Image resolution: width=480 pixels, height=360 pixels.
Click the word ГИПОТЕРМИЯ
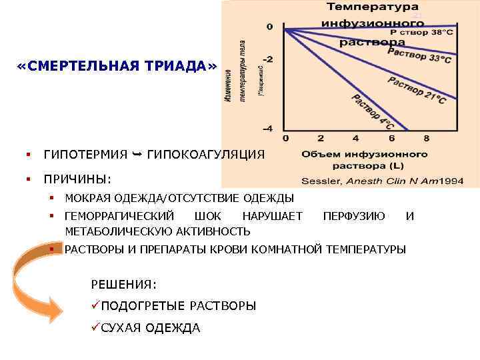[x=85, y=155]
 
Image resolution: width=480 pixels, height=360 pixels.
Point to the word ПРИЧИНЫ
[x=77, y=179]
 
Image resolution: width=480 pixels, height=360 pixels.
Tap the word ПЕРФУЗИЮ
[x=353, y=215]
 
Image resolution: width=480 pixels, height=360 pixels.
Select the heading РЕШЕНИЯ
[x=123, y=285]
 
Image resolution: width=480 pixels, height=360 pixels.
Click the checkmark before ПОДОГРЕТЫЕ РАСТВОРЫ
[x=95, y=305]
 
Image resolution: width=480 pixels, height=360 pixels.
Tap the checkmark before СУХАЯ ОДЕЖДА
[x=95, y=327]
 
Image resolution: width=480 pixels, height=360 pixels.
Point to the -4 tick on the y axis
[x=268, y=127]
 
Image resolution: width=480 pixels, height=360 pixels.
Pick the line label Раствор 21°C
[x=416, y=90]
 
